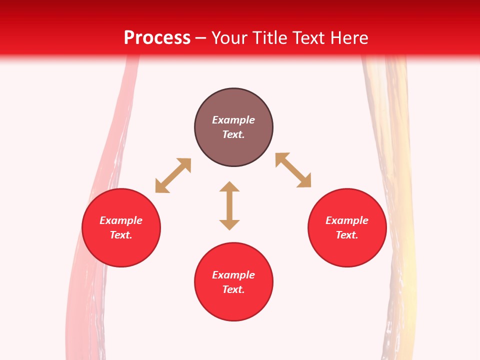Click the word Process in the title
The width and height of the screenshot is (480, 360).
click(157, 38)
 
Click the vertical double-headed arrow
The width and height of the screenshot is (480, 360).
click(229, 205)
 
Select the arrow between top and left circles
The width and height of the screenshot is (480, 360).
click(173, 175)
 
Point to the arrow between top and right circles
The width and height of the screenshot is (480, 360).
click(293, 170)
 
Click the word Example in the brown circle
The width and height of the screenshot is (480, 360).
click(233, 120)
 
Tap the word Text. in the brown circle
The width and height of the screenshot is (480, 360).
click(233, 134)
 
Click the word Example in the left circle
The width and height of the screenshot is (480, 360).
click(121, 220)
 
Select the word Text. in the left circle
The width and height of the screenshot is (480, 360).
click(121, 235)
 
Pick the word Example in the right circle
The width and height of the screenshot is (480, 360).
click(347, 220)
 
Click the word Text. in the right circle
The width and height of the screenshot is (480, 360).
click(347, 235)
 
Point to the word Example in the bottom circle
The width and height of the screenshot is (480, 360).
click(233, 275)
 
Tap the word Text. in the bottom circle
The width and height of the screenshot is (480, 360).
click(233, 289)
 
